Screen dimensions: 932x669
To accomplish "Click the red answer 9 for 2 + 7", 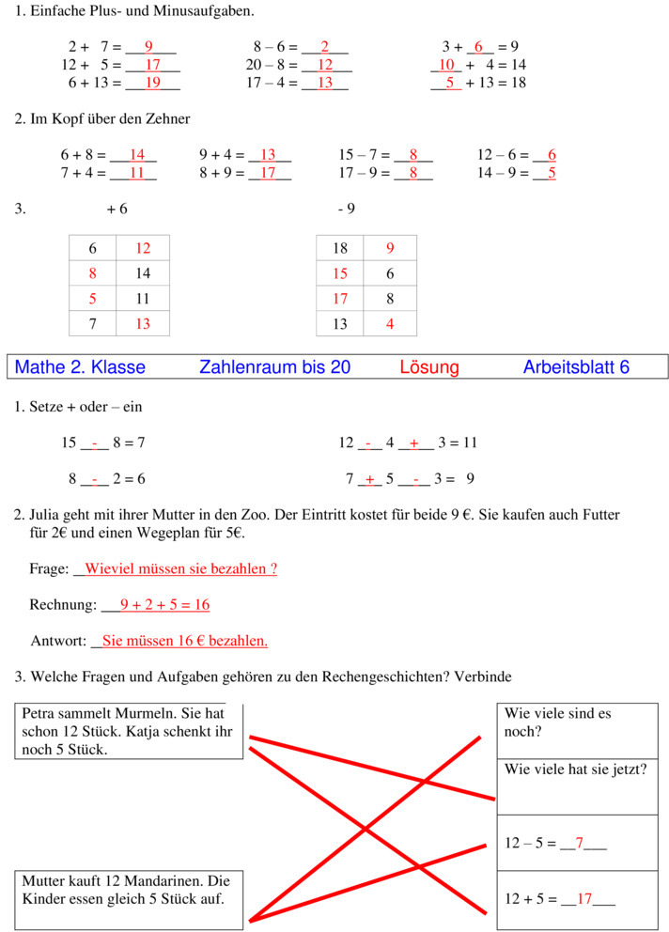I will [148, 47].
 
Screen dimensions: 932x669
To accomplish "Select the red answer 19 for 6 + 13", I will [152, 83].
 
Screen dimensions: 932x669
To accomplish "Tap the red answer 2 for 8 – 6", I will [325, 47].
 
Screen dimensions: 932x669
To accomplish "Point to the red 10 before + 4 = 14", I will [446, 65].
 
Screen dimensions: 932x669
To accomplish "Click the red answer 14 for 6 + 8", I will [137, 155].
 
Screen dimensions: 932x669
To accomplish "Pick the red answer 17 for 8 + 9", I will [268, 173].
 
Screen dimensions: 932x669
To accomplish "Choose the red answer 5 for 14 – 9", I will [552, 173].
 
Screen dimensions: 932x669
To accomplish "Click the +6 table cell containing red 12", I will [143, 249].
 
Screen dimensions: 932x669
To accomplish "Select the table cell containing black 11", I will [143, 299].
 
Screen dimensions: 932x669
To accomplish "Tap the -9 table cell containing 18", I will [340, 249].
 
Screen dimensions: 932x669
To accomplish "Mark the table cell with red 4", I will [390, 324].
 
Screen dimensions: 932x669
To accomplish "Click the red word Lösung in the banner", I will [429, 367].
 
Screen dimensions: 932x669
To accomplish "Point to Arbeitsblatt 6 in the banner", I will [576, 367].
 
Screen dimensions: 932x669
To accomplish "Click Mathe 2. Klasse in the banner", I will [81, 367].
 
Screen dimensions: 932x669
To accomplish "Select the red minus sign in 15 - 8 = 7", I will [95, 443].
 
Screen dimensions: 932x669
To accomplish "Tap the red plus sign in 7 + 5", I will [369, 479].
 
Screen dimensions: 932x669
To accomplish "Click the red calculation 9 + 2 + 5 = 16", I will [164, 605].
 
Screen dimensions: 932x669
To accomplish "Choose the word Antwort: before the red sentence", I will [58, 641].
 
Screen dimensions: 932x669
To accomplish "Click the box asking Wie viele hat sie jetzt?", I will [577, 786].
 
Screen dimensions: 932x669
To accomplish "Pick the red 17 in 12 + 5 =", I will [584, 899].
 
